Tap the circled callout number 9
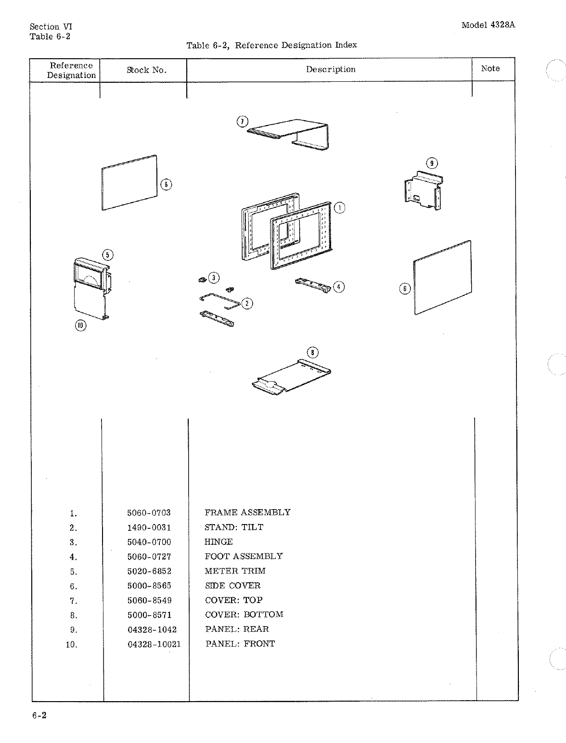click(x=432, y=163)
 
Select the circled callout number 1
click(x=340, y=208)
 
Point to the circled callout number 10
click(x=80, y=326)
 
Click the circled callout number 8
click(x=313, y=353)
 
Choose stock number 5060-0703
click(x=149, y=513)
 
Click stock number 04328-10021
click(x=154, y=644)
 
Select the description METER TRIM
click(x=235, y=571)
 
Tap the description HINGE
click(x=219, y=542)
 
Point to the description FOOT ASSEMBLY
click(x=244, y=556)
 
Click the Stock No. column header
click(x=146, y=70)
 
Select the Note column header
click(x=490, y=69)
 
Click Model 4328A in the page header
click(x=488, y=26)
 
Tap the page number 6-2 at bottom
click(x=39, y=716)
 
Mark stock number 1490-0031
click(x=149, y=527)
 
